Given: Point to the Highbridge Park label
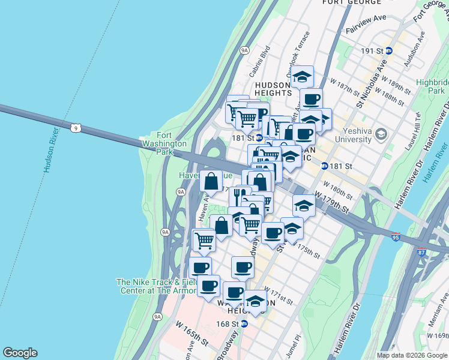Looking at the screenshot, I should tap(433, 86).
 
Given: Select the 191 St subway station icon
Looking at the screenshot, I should tap(388, 52).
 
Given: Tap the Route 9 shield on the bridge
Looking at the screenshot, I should tap(75, 128).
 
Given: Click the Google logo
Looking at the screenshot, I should tap(20, 353).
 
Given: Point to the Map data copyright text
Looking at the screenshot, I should tap(412, 355).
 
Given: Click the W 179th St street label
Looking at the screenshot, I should tap(332, 202).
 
